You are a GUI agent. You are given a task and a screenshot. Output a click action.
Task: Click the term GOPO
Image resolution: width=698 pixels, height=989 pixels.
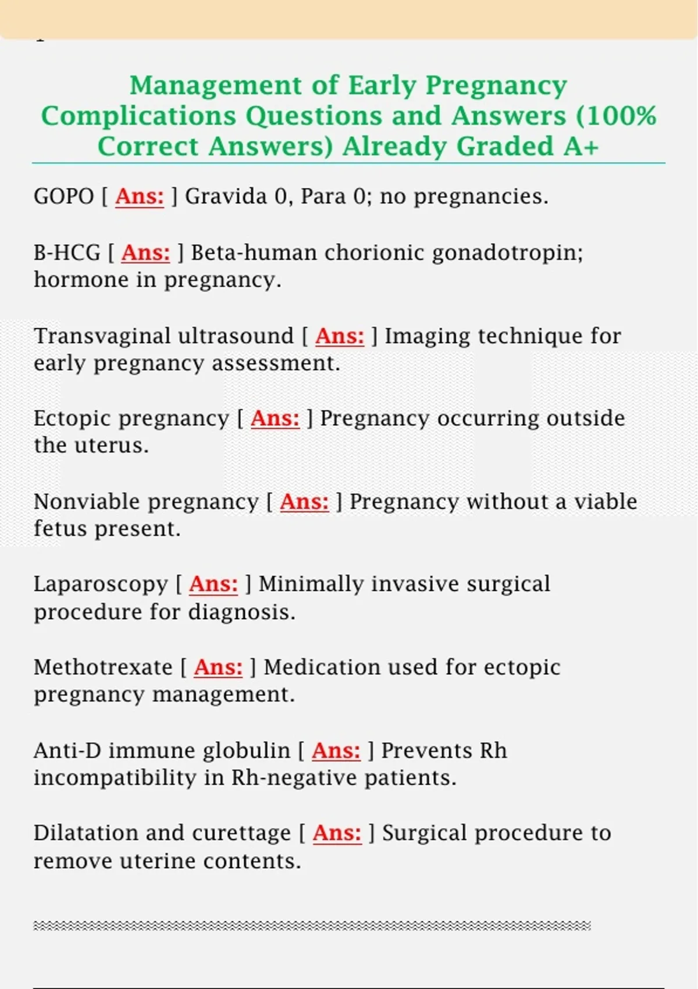pyautogui.click(x=63, y=197)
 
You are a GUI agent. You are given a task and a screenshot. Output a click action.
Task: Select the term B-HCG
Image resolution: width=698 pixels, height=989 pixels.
pyautogui.click(x=67, y=253)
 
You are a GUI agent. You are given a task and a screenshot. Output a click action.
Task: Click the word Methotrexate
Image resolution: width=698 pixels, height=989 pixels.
pyautogui.click(x=103, y=667)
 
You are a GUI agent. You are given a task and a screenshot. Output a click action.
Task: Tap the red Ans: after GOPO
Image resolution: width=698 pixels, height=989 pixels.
pyautogui.click(x=140, y=197)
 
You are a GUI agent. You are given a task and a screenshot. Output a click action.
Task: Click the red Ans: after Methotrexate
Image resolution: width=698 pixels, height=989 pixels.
pyautogui.click(x=218, y=667)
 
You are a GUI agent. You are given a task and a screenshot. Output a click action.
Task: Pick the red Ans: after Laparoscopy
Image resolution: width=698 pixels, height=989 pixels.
pyautogui.click(x=213, y=584)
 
